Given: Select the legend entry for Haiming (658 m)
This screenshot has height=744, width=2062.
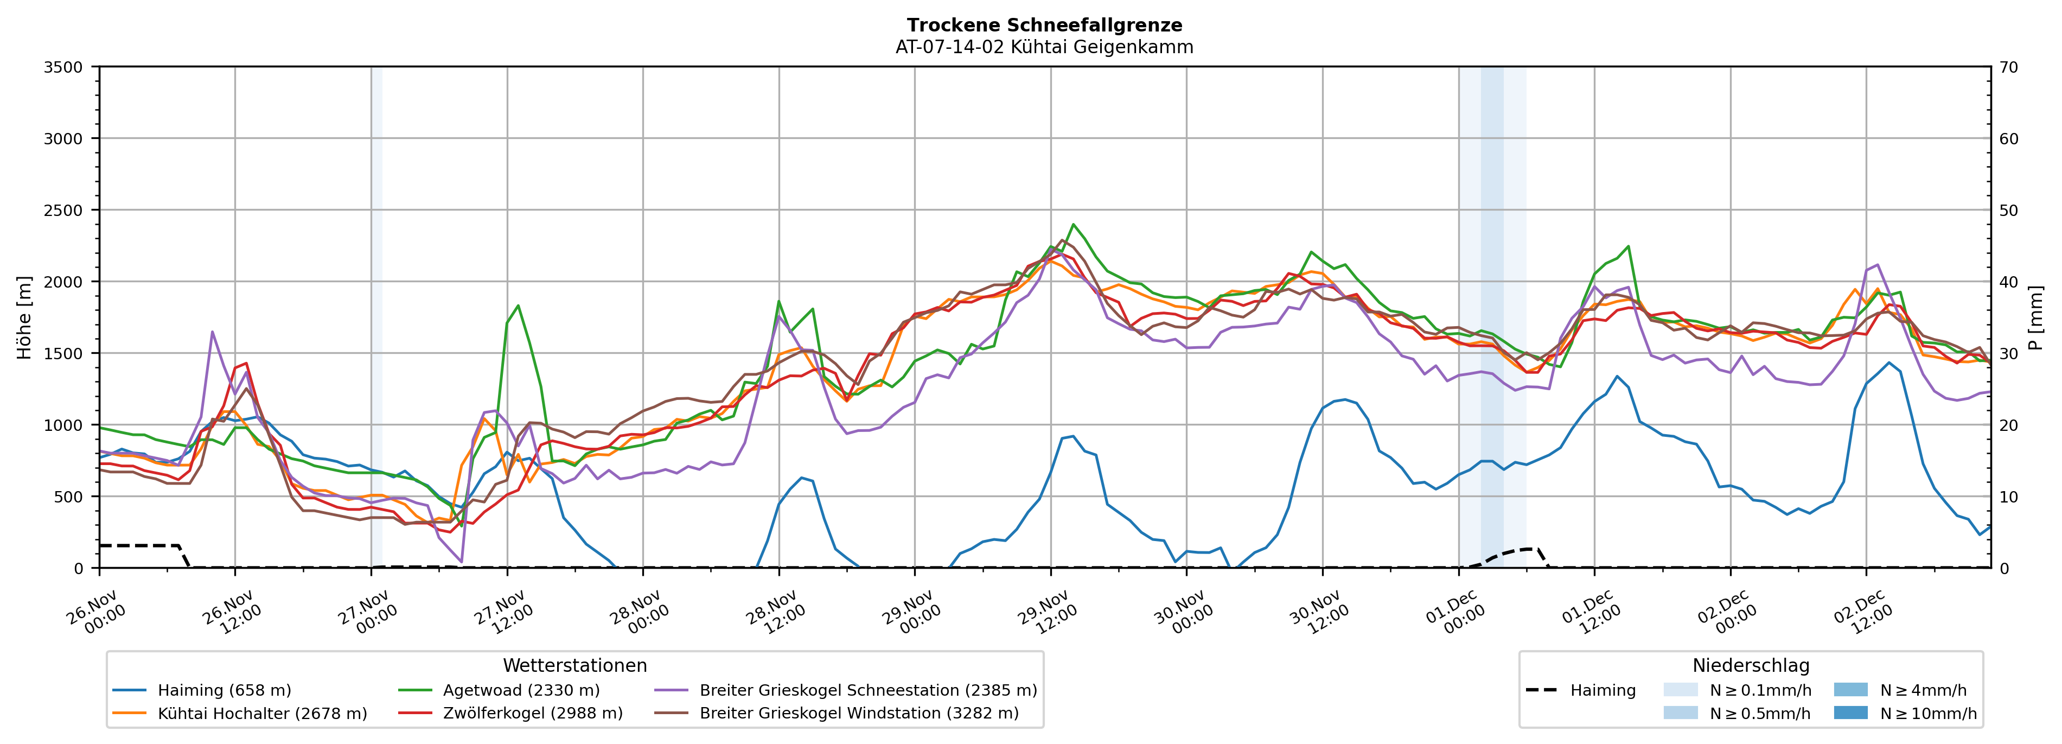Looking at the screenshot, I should pyautogui.click(x=224, y=690).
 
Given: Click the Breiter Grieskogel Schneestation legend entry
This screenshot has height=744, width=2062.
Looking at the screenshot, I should pyautogui.click(x=867, y=690).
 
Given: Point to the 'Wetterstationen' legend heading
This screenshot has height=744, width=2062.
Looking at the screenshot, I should pyautogui.click(x=574, y=665).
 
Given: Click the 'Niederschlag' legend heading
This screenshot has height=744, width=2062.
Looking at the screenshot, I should pyautogui.click(x=1751, y=665).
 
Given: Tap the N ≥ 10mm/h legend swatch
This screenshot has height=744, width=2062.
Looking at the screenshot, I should pyautogui.click(x=1850, y=713).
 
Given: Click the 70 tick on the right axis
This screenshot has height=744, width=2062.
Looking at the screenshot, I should pyautogui.click(x=2008, y=67).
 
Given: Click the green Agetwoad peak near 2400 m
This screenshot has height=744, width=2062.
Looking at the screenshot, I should pyautogui.click(x=1073, y=225).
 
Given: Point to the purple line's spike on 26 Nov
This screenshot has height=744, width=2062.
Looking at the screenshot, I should pyautogui.click(x=212, y=332).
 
